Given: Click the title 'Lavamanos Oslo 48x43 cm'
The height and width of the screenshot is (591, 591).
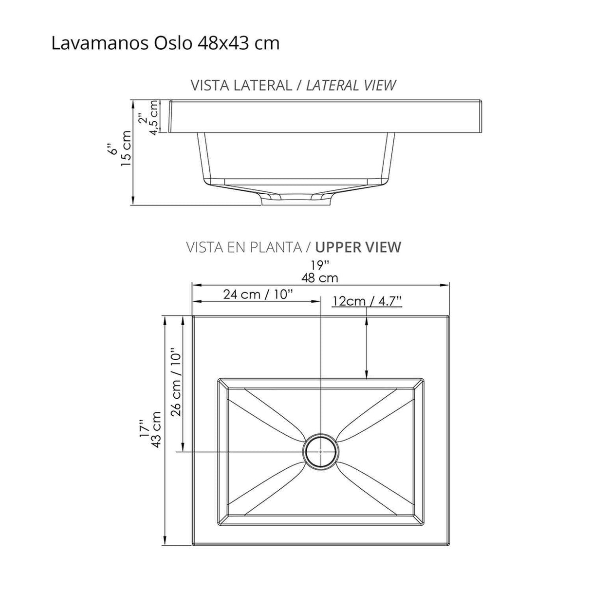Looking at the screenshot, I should (166, 43).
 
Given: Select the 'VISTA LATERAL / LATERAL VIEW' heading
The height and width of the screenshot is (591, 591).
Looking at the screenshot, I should (293, 85).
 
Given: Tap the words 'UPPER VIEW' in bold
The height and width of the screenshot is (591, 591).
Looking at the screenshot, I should (358, 247).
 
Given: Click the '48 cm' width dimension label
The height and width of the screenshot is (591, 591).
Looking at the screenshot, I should (320, 278).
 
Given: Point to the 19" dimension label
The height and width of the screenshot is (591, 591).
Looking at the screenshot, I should (320, 265).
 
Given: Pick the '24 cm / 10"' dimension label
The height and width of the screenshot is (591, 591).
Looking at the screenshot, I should (258, 295).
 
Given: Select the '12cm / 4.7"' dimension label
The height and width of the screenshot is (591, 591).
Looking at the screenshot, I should (367, 301).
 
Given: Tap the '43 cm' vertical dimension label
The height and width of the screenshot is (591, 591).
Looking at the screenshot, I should (156, 430).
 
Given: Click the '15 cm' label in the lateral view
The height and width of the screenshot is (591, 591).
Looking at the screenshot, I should (127, 148).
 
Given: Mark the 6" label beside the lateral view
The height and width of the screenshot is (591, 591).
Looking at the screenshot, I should (113, 148).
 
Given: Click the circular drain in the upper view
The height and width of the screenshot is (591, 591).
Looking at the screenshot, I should (320, 451).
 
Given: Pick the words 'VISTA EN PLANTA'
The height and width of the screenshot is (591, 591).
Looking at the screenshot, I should (243, 247).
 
